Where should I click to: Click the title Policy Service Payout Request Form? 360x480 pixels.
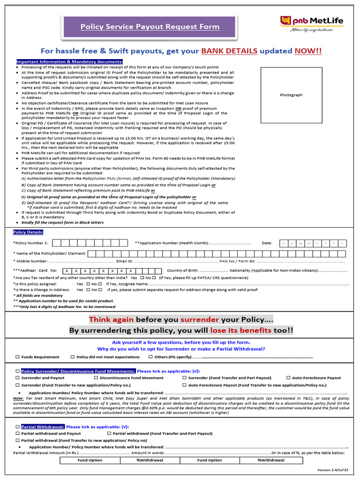pos(150,27)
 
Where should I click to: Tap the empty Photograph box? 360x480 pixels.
pos(291,95)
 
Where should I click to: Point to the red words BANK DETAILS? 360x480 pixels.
pos(229,51)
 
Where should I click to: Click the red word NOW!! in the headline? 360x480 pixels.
pos(308,51)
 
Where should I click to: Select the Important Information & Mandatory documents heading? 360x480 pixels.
pos(70,62)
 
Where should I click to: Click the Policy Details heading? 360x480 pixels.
pos(28,232)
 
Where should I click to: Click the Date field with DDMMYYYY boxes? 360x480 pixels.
pos(314,243)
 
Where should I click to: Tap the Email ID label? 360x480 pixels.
pos(124,261)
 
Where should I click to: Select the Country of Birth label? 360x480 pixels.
pos(183,270)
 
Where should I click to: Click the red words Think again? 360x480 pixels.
pos(111,319)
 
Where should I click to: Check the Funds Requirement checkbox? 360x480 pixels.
pos(18,357)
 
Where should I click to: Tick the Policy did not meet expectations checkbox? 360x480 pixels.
pos(73,357)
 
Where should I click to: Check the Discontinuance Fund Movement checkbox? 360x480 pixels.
pos(96,378)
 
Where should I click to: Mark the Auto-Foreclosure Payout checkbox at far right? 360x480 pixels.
pos(288,378)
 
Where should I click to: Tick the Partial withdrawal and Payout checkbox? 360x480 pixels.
pos(18,434)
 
